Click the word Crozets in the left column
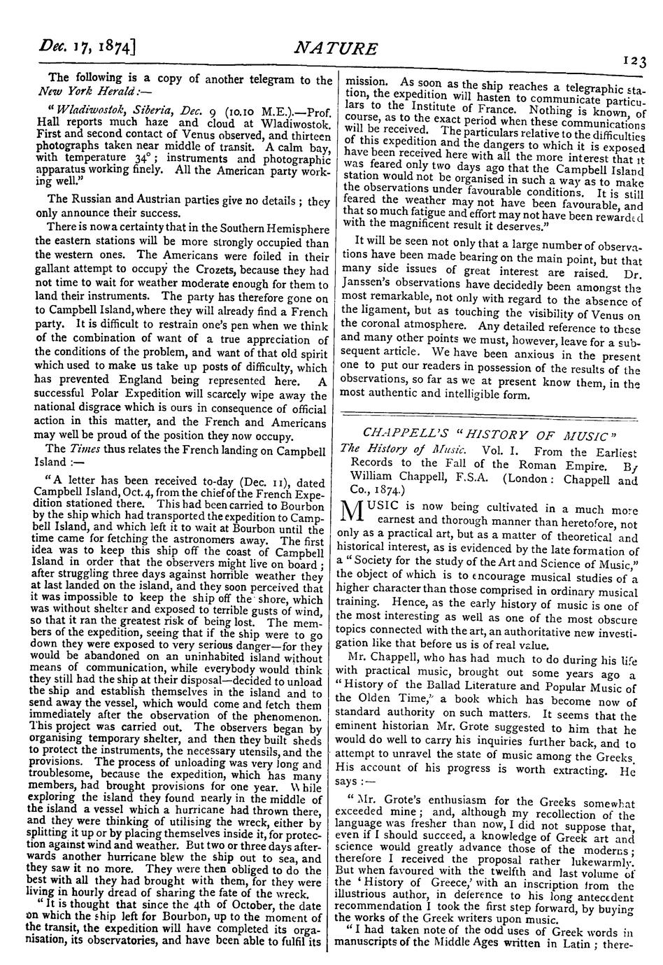pos(213,271)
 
